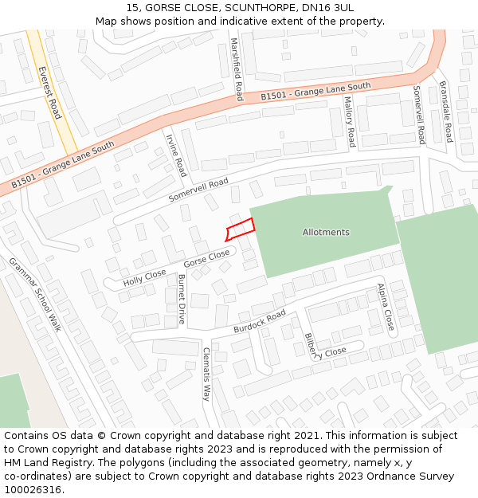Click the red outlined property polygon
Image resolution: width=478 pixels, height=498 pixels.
[x=241, y=229]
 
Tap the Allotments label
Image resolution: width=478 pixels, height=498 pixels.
[x=326, y=233]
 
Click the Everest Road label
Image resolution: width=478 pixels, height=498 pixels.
[x=49, y=92]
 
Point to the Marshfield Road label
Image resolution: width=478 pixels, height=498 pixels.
[x=237, y=69]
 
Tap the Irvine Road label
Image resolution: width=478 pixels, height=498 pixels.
[x=175, y=155]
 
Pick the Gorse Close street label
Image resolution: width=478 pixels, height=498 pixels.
[x=206, y=258]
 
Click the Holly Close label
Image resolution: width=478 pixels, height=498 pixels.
[x=144, y=277]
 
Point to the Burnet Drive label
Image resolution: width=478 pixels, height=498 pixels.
[x=182, y=298]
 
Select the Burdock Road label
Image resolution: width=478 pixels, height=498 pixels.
[x=260, y=322]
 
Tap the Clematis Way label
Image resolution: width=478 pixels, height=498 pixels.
[x=206, y=374]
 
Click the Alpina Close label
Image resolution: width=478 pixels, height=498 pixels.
[x=386, y=307]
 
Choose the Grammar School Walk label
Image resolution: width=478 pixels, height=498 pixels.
[x=35, y=294]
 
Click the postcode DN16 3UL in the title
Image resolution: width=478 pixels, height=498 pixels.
[x=332, y=7]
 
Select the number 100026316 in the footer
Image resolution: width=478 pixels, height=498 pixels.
[x=32, y=489]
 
